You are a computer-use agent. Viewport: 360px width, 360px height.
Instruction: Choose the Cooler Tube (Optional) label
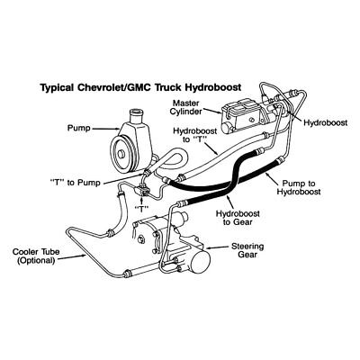point(35,256)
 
